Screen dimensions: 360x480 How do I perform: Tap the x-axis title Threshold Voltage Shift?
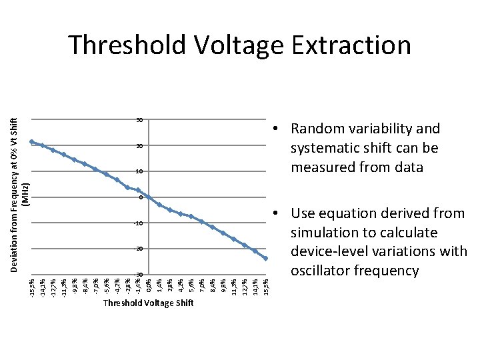148,303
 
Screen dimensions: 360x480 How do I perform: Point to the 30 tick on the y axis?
139,120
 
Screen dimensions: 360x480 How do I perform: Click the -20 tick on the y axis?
139,249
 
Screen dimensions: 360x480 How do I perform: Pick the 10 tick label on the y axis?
139,172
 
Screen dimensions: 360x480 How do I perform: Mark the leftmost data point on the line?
32,141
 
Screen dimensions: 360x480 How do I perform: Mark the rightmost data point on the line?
266,259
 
